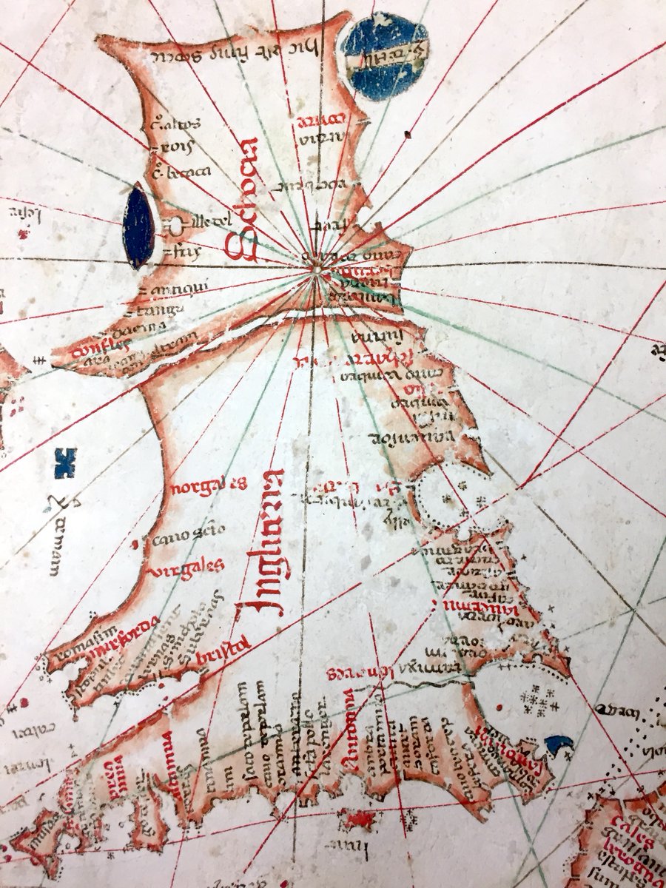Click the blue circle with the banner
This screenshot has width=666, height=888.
pyautogui.click(x=385, y=55)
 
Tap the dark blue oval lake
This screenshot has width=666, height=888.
pyautogui.click(x=139, y=226)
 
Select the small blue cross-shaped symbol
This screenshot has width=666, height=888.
pyautogui.click(x=66, y=462)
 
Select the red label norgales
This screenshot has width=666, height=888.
pyautogui.click(x=209, y=486)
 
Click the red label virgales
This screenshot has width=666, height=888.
pyautogui.click(x=187, y=568)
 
